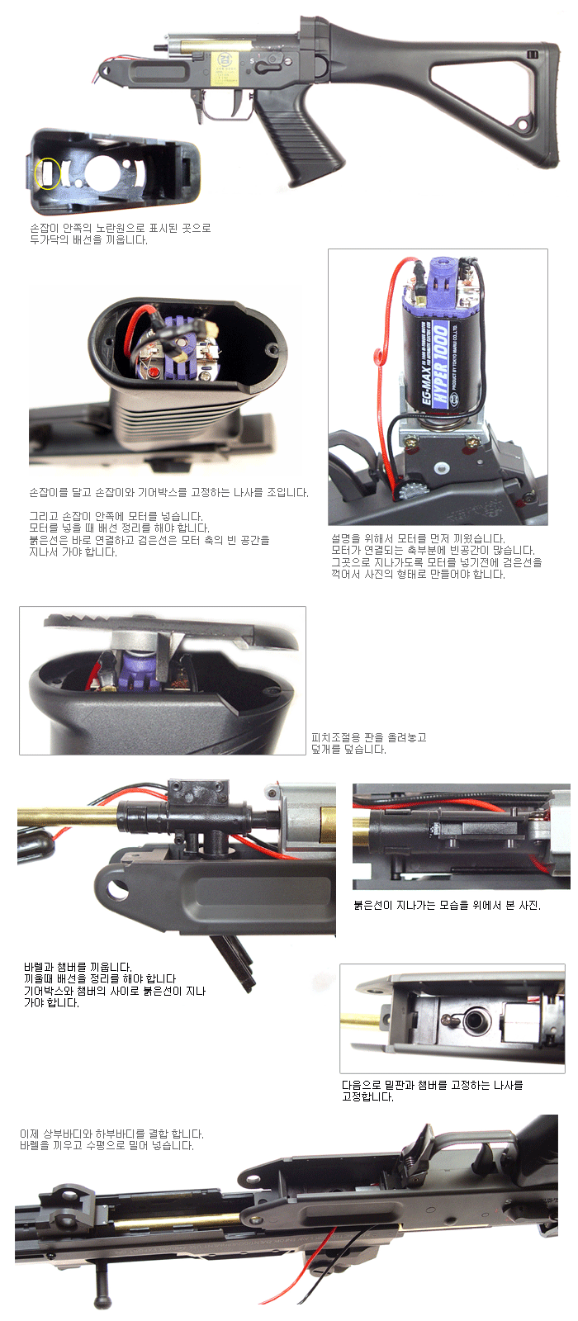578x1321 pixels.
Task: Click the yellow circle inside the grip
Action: point(47,173)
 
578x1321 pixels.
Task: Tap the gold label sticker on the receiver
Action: point(225,69)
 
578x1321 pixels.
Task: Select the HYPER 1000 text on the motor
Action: point(441,364)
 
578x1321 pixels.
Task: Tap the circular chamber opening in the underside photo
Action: point(473,1020)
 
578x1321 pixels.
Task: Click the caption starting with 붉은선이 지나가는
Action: point(447,905)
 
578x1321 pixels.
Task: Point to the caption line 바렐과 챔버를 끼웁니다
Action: point(78,967)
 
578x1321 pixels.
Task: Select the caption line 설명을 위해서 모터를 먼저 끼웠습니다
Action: point(418,538)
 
